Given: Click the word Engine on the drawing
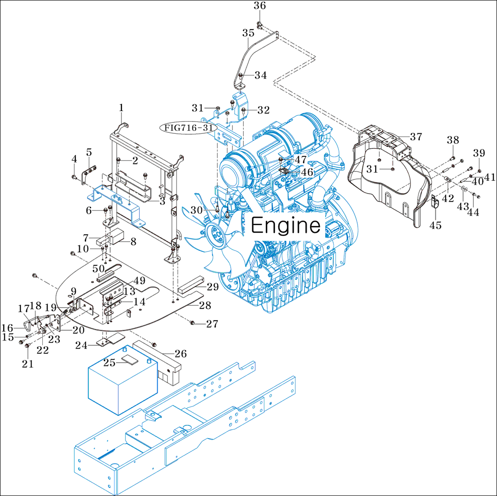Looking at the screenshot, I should (286, 226).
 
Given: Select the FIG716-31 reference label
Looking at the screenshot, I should (188, 127).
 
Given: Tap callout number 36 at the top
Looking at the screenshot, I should (260, 6).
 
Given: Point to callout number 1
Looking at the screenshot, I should (121, 108).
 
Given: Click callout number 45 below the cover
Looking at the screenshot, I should (435, 225).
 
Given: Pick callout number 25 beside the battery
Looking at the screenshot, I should (110, 362).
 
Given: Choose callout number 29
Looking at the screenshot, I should (213, 286).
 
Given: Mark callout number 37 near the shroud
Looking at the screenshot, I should (416, 137).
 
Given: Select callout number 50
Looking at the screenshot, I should (98, 268).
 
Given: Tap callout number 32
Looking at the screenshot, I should (263, 110).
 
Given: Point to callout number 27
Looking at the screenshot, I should (212, 324).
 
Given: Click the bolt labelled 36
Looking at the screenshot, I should (260, 24).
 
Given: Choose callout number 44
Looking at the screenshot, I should (473, 212).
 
